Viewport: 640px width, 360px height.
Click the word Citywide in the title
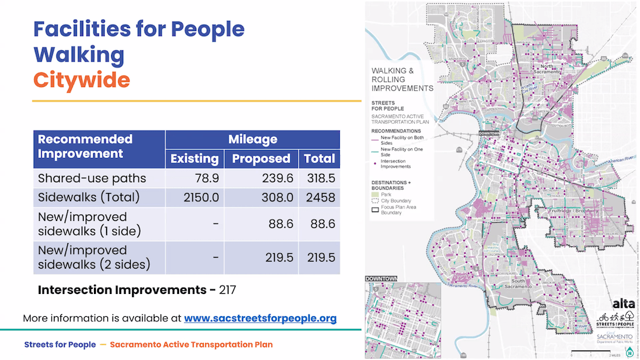tap(81, 80)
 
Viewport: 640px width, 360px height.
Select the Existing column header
tap(194, 159)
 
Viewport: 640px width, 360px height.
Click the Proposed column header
tap(261, 159)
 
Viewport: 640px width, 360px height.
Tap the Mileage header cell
tap(253, 139)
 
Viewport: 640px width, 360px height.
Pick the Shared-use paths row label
tap(92, 178)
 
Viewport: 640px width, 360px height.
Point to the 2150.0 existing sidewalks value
tap(198, 197)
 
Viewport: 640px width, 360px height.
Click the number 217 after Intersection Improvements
tap(227, 290)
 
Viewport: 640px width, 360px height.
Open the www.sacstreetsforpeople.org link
tap(260, 318)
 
